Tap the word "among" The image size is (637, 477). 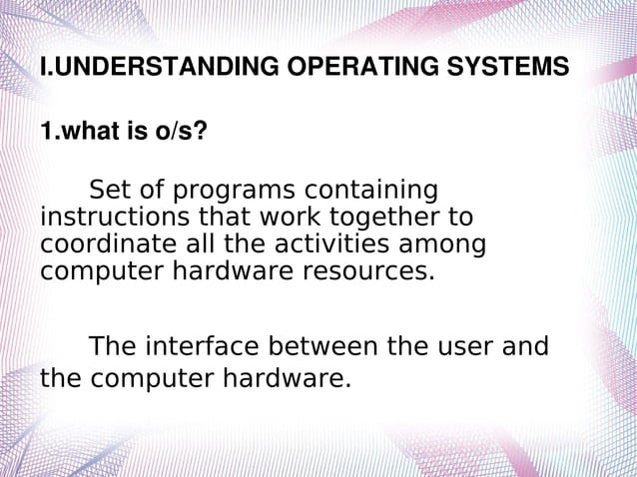446,244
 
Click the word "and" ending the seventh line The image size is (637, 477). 529,347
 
